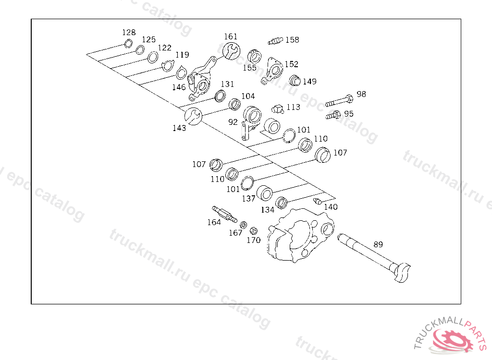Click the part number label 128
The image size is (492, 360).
(x=129, y=33)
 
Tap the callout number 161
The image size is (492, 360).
(x=231, y=36)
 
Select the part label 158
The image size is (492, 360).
(x=292, y=40)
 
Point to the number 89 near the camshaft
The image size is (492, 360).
(x=378, y=244)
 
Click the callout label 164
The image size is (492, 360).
(x=214, y=222)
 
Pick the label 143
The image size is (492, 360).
(x=179, y=128)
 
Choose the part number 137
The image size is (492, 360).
(x=248, y=198)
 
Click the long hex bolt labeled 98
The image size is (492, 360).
(x=339, y=101)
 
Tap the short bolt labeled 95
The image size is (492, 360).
(x=333, y=115)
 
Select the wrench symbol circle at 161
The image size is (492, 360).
(x=231, y=50)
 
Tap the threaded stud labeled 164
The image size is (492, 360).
(x=224, y=214)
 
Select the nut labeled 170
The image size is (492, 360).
(x=253, y=230)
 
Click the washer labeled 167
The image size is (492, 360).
(x=244, y=224)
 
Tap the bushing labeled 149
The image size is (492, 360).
(x=294, y=80)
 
